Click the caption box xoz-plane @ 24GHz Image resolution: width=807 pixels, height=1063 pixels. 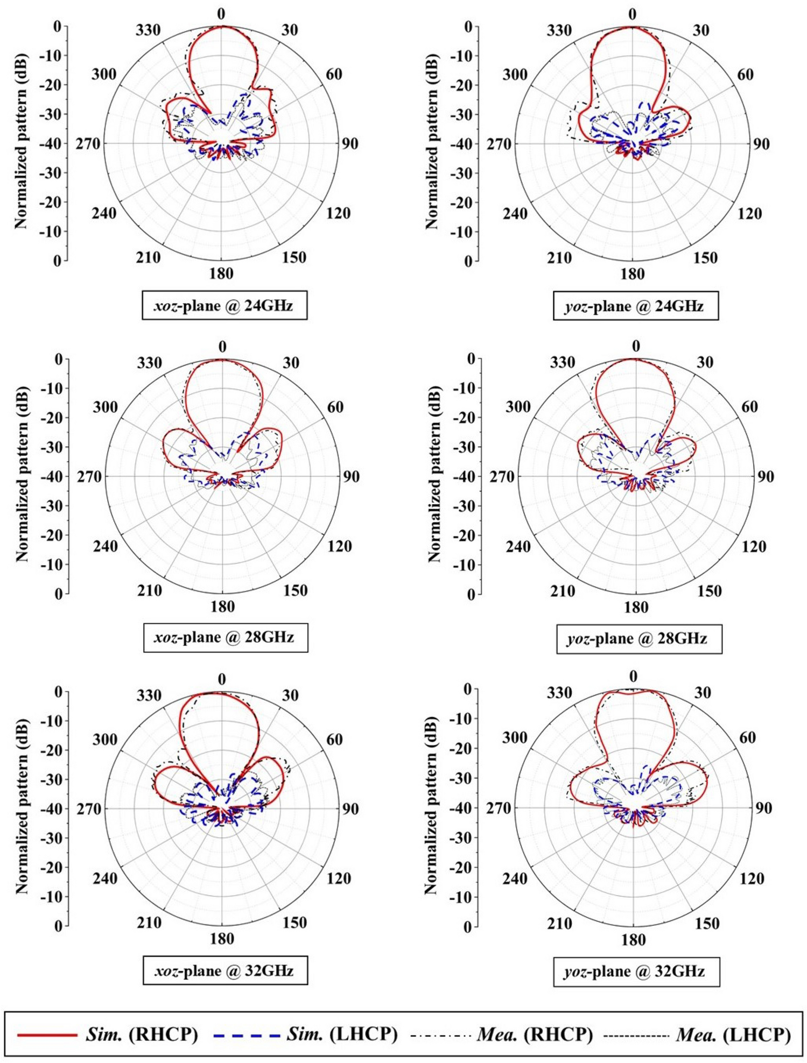click(224, 306)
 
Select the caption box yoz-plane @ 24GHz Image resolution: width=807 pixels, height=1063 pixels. click(635, 306)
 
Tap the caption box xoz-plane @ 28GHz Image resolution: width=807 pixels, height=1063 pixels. click(226, 637)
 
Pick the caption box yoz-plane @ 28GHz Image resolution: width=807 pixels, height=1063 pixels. click(638, 638)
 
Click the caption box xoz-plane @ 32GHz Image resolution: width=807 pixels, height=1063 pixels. click(225, 970)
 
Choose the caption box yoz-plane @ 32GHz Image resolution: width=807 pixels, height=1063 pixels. click(636, 971)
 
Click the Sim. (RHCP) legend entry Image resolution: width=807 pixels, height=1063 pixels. click(108, 1034)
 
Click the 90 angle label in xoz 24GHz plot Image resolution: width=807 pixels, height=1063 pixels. click(350, 144)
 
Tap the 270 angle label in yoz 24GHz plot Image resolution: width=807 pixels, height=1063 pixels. click(499, 144)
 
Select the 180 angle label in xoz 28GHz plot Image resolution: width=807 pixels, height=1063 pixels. click(222, 607)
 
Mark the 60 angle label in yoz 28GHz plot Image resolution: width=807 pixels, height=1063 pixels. click(749, 406)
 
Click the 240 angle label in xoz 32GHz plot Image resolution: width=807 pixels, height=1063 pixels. click(105, 878)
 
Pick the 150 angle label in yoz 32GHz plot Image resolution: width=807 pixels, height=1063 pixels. click(707, 923)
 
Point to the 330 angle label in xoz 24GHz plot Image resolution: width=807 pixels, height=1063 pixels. click(148, 30)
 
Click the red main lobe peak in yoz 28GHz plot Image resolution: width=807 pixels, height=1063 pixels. click(636, 359)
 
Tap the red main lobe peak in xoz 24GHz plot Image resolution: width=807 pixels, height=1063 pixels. click(222, 26)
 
